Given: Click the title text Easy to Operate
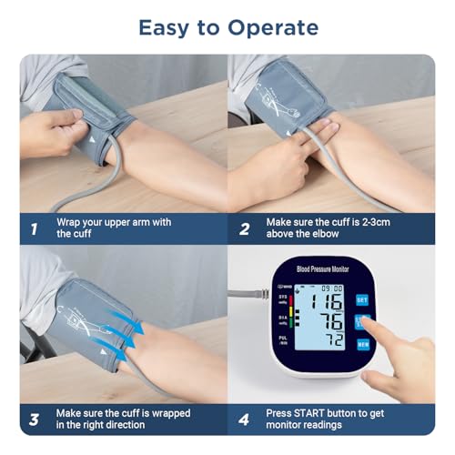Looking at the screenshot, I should pyautogui.click(x=227, y=27).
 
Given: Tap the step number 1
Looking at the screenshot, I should pyautogui.click(x=34, y=228).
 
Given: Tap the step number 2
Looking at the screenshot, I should pyautogui.click(x=244, y=228).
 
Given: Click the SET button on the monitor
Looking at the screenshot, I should pyautogui.click(x=361, y=298).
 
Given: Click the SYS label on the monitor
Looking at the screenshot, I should pyautogui.click(x=281, y=298).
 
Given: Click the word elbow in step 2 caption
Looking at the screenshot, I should pyautogui.click(x=325, y=235).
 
